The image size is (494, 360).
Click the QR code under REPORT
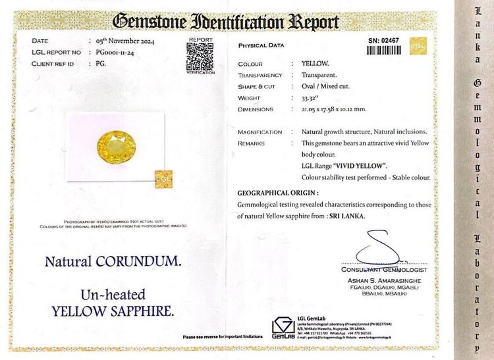pos(200,57)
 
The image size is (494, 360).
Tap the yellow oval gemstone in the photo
pos(116,145)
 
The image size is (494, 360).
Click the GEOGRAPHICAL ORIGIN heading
pos(278,193)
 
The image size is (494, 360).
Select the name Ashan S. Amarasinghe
pos(385,280)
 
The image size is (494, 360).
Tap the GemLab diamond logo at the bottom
pos(283,326)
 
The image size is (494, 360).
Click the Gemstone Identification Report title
pos(226,21)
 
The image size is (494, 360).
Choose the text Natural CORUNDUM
pos(113,261)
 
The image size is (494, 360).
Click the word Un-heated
pos(113,294)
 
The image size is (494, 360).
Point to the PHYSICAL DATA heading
pos(261,45)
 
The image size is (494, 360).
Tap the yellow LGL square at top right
pos(418,45)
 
